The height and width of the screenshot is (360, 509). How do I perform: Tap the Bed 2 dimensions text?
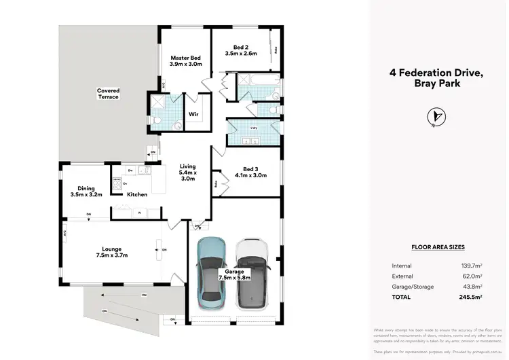[x=242, y=53]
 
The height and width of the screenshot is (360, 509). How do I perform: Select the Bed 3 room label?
[x=250, y=168]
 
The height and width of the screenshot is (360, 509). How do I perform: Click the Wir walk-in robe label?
[x=193, y=115]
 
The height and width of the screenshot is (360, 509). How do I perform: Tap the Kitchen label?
[x=138, y=195]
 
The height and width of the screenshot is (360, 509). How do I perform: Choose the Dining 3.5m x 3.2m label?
[x=86, y=191]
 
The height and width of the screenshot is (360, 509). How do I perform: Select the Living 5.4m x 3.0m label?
[x=187, y=173]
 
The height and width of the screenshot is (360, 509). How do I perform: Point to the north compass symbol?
[x=435, y=118]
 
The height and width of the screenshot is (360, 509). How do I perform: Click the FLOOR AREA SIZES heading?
[x=438, y=248]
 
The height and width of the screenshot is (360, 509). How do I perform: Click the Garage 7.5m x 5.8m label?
[x=235, y=275]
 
